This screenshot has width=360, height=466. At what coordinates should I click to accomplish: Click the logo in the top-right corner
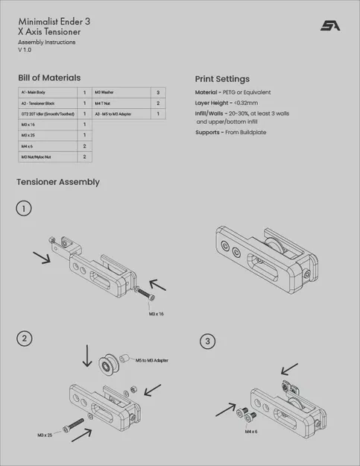point(330,25)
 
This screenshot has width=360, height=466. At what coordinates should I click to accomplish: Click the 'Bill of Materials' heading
point(49,78)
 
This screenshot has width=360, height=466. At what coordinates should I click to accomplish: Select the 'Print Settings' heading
point(222,79)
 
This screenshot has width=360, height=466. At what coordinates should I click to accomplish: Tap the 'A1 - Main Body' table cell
point(34,92)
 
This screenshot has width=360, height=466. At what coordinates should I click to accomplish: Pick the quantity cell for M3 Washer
point(158,92)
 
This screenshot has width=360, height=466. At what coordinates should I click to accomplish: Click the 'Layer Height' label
point(212,102)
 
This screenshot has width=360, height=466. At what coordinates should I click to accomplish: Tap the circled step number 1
point(25,209)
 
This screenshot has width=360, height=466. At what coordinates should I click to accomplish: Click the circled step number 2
point(25,338)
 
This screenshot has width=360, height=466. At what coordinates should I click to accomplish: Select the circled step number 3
point(207,341)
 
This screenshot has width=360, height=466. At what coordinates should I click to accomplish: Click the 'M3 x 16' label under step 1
point(156,314)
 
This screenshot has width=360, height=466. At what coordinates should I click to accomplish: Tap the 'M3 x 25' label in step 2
point(45,433)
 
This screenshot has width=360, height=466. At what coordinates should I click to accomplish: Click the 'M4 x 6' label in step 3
point(251,431)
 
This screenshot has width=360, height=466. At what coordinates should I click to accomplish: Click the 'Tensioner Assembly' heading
point(58,182)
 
